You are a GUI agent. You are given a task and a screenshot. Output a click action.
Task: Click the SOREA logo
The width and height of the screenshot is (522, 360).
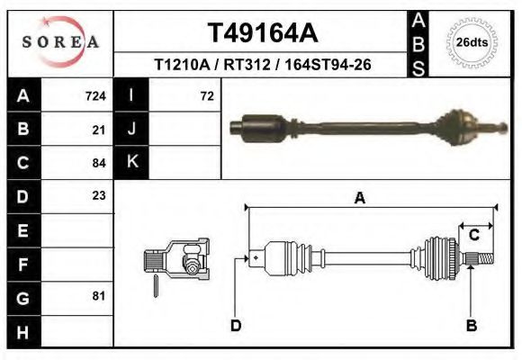pos(60,41)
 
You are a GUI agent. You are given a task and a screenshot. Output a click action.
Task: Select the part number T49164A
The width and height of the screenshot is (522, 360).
pos(262,32)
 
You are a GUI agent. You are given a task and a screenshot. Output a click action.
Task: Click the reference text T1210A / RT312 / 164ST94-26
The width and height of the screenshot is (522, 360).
pos(264,66)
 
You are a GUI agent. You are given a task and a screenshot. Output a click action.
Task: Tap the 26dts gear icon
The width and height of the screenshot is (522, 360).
pos(472,42)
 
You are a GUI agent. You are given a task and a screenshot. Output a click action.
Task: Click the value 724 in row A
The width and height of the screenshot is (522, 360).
pos(95,95)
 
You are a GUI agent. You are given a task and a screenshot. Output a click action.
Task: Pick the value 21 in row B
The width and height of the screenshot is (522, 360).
pos(99,130)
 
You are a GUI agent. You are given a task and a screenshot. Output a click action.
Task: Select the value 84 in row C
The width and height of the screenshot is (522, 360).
pos(99,164)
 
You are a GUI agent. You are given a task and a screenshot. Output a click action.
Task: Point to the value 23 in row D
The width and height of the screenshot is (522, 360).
pos(99,195)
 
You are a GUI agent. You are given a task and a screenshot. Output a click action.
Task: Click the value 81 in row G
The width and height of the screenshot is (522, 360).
pos(99,296)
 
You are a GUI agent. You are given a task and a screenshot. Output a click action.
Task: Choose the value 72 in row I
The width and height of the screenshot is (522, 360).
pos(206,95)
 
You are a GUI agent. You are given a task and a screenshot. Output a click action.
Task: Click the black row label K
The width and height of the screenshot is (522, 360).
pos(131,163)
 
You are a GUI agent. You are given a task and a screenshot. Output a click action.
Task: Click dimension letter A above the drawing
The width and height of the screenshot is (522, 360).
pos(360,199)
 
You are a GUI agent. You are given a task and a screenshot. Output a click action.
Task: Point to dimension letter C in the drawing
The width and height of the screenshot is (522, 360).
pos(473,236)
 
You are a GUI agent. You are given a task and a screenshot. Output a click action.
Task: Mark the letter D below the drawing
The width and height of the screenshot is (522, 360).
pos(236,326)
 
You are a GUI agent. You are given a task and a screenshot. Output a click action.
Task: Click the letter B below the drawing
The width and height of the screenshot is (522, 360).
pos(471,326)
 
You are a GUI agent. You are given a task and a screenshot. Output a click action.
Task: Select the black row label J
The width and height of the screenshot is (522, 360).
pos(131,130)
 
